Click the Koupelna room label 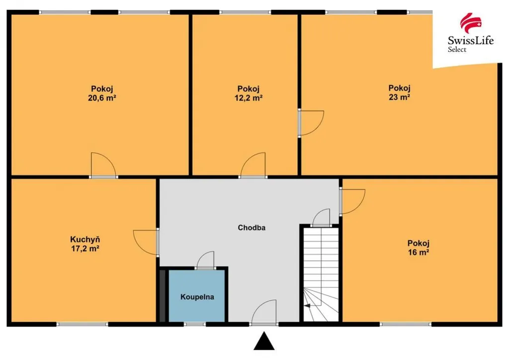tap(197, 297)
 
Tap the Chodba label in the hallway tap(252, 228)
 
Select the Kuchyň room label tap(85, 240)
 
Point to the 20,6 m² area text tap(102, 98)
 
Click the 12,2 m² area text tap(249, 98)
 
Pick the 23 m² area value tap(399, 97)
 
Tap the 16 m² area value tap(419, 252)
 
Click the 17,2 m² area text tap(85, 249)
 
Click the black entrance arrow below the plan tap(264, 341)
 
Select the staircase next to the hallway tap(321, 274)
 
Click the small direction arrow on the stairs tap(307, 305)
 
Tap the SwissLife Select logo tap(470, 32)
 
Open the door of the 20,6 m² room tap(103, 165)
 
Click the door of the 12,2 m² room tap(253, 165)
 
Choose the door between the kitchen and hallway tap(146, 242)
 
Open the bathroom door tap(205, 260)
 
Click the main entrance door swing tap(264, 312)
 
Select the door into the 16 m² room tap(352, 201)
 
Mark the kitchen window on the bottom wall tap(83, 324)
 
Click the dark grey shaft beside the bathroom tap(163, 295)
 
